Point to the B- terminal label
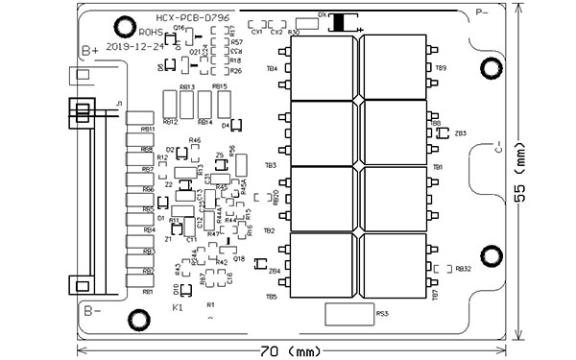pos(90,310)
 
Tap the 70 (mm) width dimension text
pos(290,350)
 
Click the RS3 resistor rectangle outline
pos(349,313)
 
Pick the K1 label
pos(178,308)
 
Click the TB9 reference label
pos(441,68)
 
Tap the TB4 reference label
pos(272,68)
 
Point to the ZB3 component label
pos(461,133)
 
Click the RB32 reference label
pos(464,270)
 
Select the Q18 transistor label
pos(238,259)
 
